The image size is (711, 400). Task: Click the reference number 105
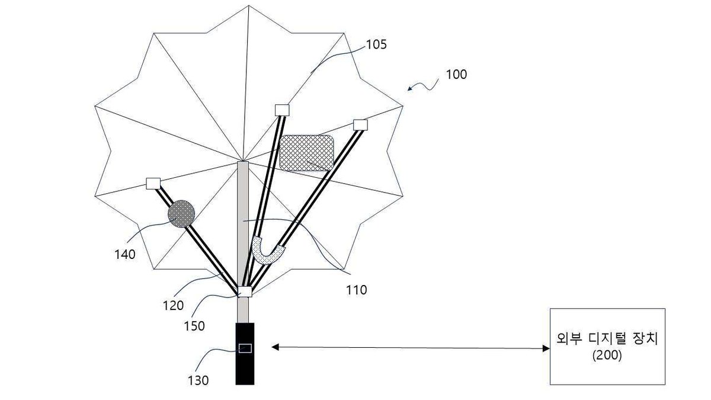tap(376, 45)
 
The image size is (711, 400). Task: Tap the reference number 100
tap(456, 75)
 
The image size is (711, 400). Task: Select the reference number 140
tap(125, 254)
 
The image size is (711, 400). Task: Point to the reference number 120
tap(173, 305)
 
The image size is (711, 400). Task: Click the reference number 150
tap(194, 326)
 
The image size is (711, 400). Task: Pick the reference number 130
tap(198, 380)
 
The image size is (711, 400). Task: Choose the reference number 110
tap(357, 290)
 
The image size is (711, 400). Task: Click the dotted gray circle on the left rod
tap(181, 214)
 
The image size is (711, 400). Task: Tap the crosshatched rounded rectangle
tap(307, 153)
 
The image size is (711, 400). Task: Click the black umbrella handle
tap(245, 354)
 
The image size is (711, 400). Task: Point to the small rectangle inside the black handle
tap(245, 348)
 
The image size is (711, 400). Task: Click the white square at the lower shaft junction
tap(245, 292)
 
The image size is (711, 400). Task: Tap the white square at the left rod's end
tap(153, 184)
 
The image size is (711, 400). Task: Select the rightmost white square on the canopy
tap(360, 125)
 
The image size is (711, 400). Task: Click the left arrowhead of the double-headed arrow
tap(275, 347)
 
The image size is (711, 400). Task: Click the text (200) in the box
tap(607, 355)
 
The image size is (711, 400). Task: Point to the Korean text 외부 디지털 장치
tap(607, 339)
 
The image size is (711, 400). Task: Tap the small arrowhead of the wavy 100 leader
tap(410, 88)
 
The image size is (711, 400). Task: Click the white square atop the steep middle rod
tap(282, 110)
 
